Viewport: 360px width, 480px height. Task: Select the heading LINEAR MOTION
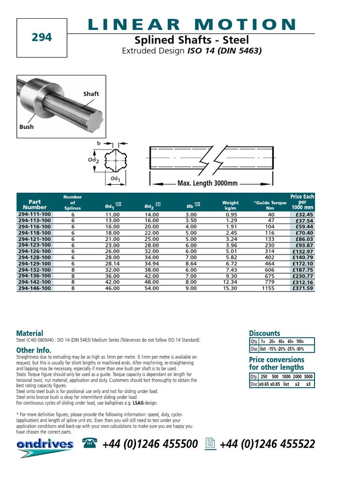pos(192,24)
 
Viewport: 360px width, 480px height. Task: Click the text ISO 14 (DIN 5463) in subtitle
pos(224,51)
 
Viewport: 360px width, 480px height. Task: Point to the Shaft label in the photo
pos(91,94)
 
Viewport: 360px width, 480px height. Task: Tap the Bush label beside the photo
pos(26,127)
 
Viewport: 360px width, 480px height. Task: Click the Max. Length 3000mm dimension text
pos(208,183)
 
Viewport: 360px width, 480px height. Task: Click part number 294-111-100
pos(35,214)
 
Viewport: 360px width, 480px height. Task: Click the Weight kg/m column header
pos(230,205)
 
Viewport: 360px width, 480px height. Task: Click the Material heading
pos(30,333)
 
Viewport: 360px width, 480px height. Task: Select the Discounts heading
pos(264,333)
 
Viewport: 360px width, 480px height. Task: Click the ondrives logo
pos(45,445)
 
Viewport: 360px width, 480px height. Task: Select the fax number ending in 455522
pos(267,444)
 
